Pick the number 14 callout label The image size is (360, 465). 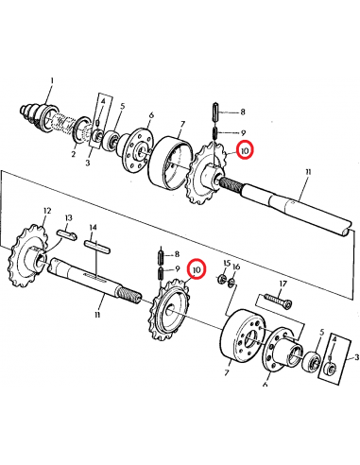pos(93,228)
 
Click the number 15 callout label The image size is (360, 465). pos(225,263)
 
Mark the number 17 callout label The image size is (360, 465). pos(282,283)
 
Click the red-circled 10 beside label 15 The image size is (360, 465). pos(197,270)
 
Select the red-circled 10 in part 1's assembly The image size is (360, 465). pos(244,148)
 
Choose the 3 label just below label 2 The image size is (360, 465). pos(87,163)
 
